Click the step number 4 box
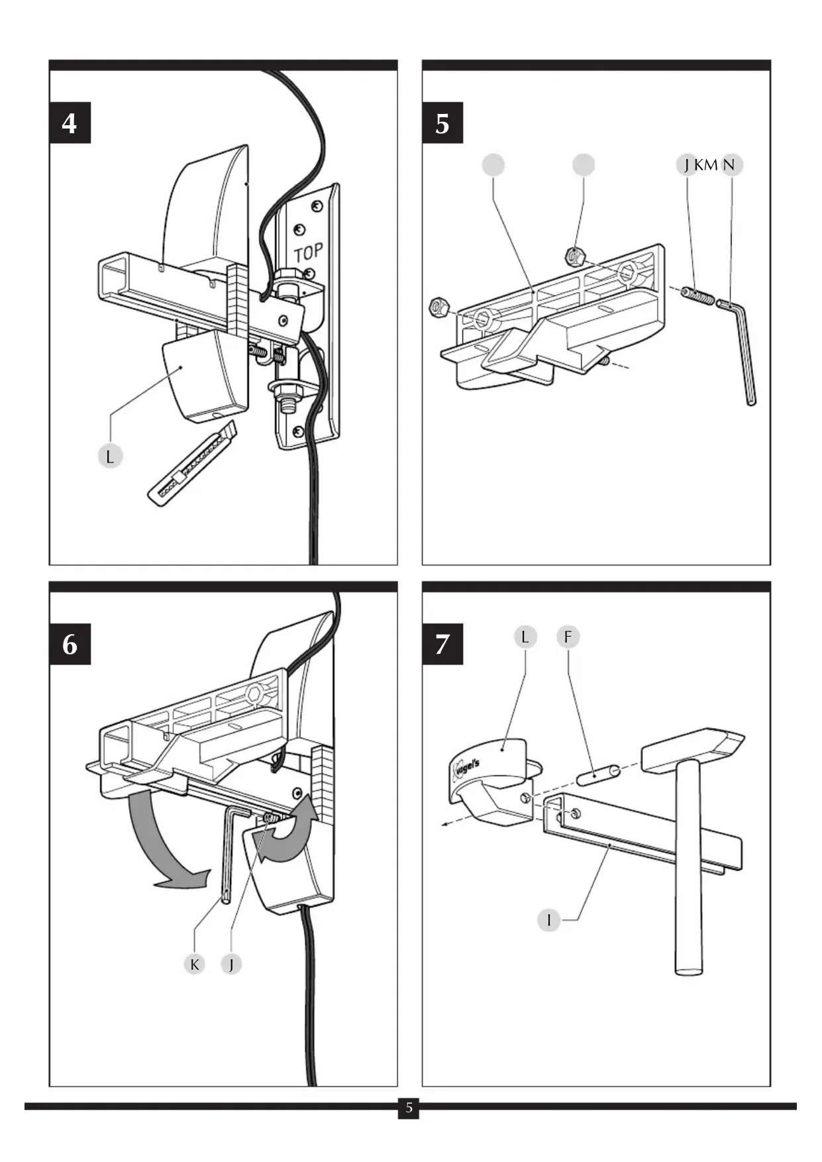pos(70,123)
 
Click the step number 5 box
pos(442,123)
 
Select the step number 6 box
pos(70,644)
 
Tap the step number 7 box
pos(442,644)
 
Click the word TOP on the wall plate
pos(308,252)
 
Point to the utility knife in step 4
pos(192,464)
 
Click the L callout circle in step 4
pos(110,456)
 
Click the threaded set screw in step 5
pos(698,295)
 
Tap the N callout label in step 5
pos(729,165)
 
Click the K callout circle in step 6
pos(194,964)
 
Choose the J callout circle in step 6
pos(231,964)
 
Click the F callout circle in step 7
pos(568,637)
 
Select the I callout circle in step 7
pos(548,920)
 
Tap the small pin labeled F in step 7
pos(598,773)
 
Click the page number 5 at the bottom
pos(409,1108)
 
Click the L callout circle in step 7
pos(525,637)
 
